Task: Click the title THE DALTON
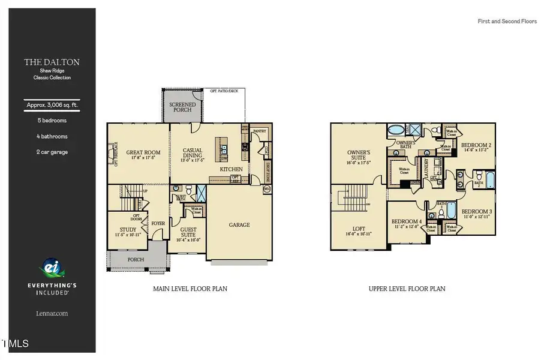[52, 62]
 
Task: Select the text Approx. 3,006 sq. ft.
[52, 105]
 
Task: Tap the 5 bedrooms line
[52, 121]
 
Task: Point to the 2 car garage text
[52, 152]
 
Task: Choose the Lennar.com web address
[52, 313]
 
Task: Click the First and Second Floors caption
[507, 22]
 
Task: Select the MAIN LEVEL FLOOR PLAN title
[190, 289]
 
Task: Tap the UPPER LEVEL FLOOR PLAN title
[407, 289]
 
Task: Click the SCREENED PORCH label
[182, 107]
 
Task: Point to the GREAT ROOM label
[143, 153]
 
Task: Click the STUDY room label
[128, 230]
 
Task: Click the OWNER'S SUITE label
[359, 156]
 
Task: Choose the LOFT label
[359, 229]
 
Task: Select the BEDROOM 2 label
[477, 146]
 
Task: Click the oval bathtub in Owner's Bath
[396, 130]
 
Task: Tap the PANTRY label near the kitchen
[259, 130]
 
